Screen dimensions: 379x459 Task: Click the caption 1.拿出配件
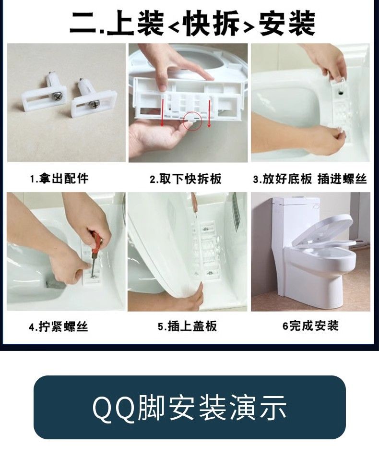click(59, 178)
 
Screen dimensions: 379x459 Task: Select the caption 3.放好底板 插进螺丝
click(310, 179)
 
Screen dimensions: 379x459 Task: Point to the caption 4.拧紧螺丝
click(58, 326)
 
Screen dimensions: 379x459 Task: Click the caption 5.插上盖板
click(187, 326)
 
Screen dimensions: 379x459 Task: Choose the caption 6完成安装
click(310, 326)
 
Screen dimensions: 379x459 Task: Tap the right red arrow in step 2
click(209, 114)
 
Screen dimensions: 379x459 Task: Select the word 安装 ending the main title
click(287, 24)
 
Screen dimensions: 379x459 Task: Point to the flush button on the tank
click(316, 206)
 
